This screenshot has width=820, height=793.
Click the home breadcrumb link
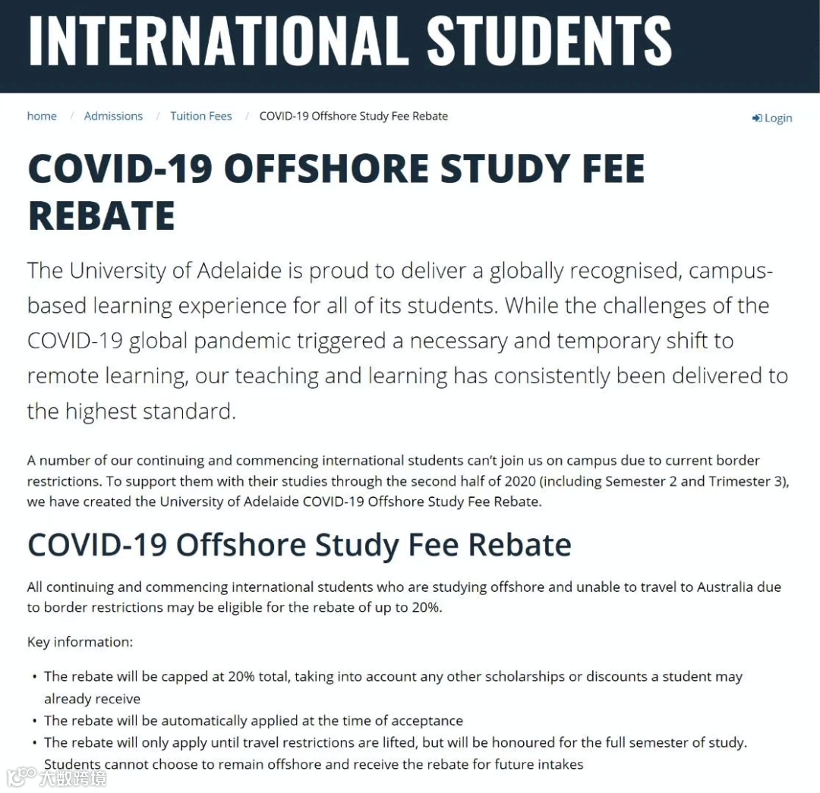42,116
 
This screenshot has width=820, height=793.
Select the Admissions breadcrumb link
113,116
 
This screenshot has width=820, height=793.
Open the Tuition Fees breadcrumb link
200,116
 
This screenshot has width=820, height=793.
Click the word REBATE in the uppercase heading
101,216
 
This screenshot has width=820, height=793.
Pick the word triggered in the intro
346,341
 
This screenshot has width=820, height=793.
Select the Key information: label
80,642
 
